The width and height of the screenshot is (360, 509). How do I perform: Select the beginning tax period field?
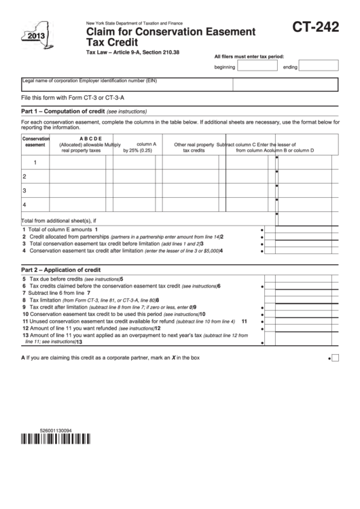tap(257, 67)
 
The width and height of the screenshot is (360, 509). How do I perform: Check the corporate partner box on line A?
tap(335, 357)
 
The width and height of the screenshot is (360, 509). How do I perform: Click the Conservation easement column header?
tap(35, 141)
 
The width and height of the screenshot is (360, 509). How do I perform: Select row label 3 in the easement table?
tap(24, 190)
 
